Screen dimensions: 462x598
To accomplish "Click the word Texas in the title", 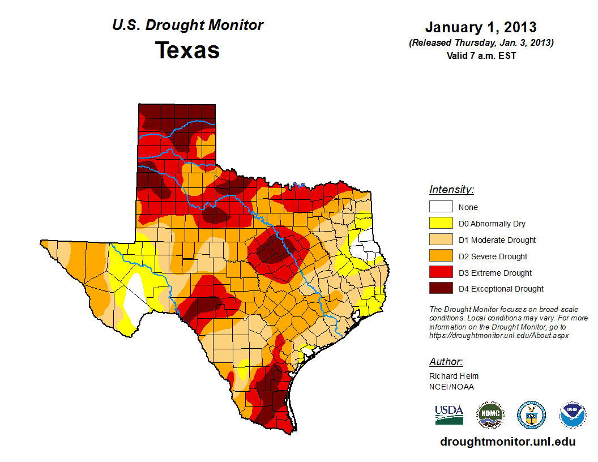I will [x=187, y=50].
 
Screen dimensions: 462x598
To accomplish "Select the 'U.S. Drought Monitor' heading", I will [x=187, y=25].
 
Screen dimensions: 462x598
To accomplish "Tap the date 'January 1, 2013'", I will [x=481, y=27].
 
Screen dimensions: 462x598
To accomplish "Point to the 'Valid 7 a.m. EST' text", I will [x=481, y=55].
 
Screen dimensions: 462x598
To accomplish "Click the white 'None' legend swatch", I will [x=441, y=207].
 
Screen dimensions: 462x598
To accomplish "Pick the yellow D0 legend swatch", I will [x=441, y=224].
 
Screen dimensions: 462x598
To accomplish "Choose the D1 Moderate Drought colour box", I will [x=441, y=240].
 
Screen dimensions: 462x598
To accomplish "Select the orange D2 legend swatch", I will [x=441, y=256].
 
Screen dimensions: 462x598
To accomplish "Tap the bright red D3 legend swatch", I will [x=441, y=273].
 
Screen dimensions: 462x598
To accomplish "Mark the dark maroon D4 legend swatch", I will [x=441, y=289].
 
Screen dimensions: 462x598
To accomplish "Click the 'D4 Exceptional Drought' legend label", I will [x=501, y=289].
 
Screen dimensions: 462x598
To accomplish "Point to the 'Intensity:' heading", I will [x=451, y=190].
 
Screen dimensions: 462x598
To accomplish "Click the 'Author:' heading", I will [x=446, y=362].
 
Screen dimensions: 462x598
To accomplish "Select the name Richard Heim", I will [x=454, y=376].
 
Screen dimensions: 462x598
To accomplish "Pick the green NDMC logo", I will [x=490, y=415].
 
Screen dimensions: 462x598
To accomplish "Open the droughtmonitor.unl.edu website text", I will [x=507, y=442].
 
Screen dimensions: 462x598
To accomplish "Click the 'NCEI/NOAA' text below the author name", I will [x=451, y=387].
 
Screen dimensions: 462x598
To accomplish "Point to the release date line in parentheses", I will [x=481, y=43].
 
